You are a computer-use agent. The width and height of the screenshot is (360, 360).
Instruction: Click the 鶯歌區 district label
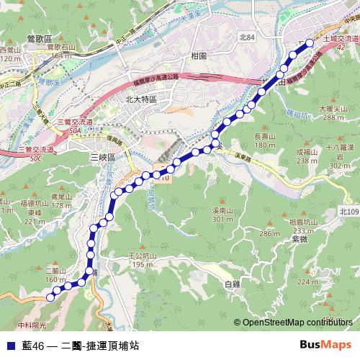pyautogui.click(x=38, y=38)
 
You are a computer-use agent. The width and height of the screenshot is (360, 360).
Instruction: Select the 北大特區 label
pyautogui.click(x=140, y=100)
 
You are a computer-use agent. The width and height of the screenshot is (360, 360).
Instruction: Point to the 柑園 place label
pyautogui.click(x=199, y=55)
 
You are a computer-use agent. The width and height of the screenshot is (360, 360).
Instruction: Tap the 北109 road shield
pyautogui.click(x=348, y=211)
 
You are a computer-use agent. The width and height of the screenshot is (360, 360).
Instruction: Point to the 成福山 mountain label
pyautogui.click(x=307, y=152)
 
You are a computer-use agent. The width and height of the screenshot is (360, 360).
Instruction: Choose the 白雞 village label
pyautogui.click(x=232, y=284)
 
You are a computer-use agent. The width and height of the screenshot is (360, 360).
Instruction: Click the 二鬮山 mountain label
pyautogui.click(x=55, y=271)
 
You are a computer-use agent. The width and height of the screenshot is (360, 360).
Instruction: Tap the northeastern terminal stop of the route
pyautogui.click(x=310, y=43)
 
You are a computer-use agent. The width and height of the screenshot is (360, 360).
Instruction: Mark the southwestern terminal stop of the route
pyautogui.click(x=50, y=296)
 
